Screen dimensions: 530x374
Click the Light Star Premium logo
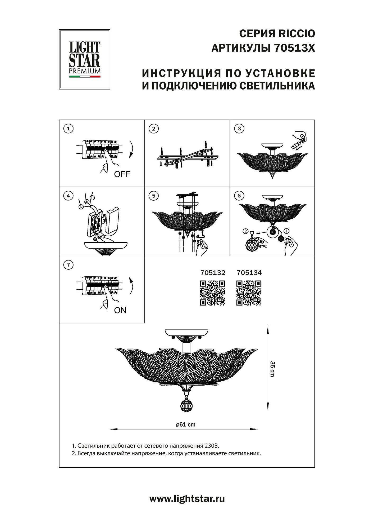[84, 59]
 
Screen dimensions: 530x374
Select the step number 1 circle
[68, 129]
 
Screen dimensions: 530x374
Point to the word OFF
[122, 174]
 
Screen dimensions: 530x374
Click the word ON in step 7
[120, 310]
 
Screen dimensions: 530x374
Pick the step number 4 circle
[68, 196]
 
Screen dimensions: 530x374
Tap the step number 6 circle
[239, 196]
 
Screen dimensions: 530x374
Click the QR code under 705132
[213, 293]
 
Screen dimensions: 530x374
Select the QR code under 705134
[249, 293]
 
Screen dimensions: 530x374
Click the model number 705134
[249, 273]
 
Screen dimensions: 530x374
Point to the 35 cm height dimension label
[273, 369]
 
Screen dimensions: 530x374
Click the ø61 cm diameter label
[186, 424]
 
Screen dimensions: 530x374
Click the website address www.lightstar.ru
[187, 499]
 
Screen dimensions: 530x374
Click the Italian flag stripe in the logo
[85, 77]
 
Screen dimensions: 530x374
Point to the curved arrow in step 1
[131, 149]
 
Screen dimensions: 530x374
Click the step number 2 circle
[154, 129]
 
